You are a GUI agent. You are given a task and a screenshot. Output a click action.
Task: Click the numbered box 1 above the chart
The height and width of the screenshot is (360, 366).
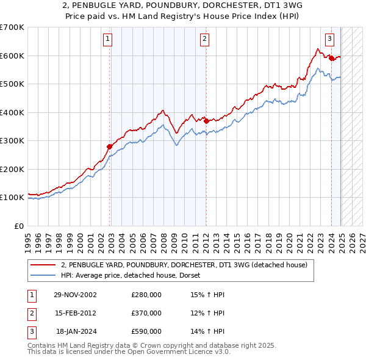coord(107,40)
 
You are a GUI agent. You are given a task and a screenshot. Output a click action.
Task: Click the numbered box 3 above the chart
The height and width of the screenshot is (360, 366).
coord(329,40)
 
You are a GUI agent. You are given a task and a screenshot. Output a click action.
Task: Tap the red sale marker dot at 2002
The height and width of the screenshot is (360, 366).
coord(110,146)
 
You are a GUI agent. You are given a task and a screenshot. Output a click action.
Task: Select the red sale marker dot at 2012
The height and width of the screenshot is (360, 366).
coord(206,121)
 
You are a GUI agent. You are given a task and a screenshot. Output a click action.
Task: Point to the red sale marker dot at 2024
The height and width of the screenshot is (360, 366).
coord(331,59)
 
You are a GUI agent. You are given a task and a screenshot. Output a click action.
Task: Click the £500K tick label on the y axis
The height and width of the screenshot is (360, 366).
coord(12,84)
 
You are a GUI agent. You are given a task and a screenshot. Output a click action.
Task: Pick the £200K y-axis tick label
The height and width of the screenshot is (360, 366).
coord(12,169)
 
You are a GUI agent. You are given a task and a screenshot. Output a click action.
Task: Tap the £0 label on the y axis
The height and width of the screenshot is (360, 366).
coord(18,226)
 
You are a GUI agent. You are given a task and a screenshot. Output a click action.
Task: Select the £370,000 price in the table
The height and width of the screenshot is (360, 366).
coord(146,313)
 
